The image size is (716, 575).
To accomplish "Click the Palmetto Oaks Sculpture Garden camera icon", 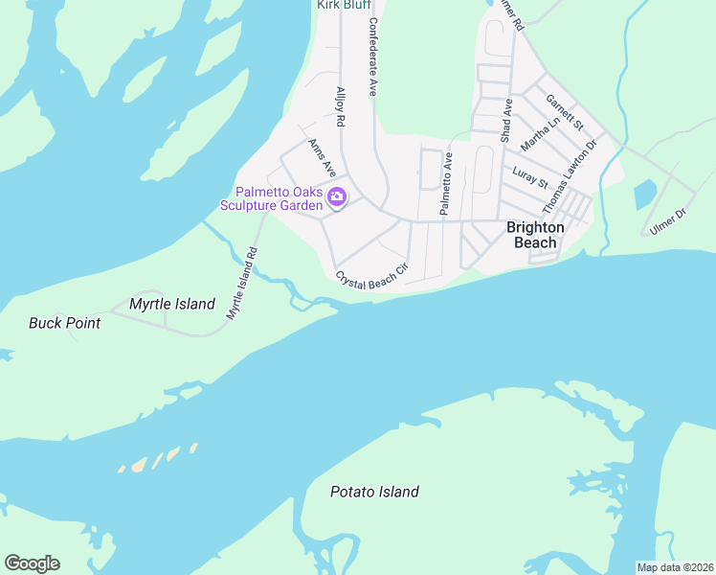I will (337, 197).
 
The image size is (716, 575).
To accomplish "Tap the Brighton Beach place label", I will (535, 235).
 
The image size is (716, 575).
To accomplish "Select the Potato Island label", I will (374, 492).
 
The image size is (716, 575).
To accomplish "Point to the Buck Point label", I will (64, 323).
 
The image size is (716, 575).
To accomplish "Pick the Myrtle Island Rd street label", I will (242, 284).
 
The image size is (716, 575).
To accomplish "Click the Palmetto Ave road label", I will (445, 183).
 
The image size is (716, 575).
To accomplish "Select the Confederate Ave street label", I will (372, 59).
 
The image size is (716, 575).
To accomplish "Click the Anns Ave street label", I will (322, 157).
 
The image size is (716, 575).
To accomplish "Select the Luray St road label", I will (529, 177).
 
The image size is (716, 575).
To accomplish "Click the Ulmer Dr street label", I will (668, 221).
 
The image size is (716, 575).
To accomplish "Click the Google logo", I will (32, 563).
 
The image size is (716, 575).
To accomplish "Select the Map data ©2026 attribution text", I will (674, 567).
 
